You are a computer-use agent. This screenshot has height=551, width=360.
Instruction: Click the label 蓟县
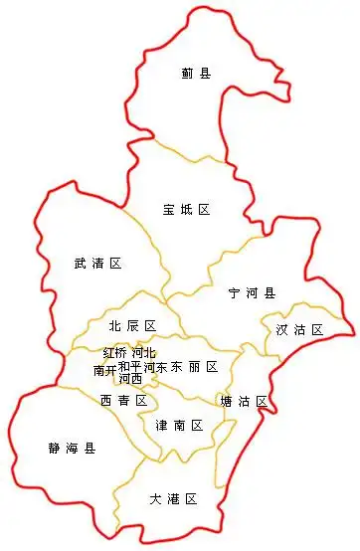coord(196,73)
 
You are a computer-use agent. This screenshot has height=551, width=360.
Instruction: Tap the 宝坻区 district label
coord(187,210)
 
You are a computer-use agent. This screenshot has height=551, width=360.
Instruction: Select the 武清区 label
coord(97,264)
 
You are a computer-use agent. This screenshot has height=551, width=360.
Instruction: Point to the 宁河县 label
coord(252,293)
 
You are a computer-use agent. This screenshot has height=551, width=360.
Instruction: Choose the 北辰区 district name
coord(133,326)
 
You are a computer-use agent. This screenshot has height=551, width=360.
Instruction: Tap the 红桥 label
coord(115,353)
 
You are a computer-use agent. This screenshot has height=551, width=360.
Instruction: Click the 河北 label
coord(143,353)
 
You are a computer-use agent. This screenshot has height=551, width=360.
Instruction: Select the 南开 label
coord(104,370)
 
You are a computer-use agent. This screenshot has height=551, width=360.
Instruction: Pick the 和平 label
coord(129,366)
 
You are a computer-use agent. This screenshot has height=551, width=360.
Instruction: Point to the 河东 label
coord(154,367)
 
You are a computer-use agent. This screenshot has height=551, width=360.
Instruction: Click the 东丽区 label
coord(194,367)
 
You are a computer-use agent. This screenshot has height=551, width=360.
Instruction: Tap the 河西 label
coord(130,379)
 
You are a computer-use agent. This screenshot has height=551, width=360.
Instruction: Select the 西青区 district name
coord(123,401)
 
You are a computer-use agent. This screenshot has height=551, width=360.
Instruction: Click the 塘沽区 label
coord(244,401)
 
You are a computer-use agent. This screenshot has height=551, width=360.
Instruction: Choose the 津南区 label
coord(179,426)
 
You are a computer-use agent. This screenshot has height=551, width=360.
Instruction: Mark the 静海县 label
coord(72,449)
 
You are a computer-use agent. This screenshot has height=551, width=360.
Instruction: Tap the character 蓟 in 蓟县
coord(188,73)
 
